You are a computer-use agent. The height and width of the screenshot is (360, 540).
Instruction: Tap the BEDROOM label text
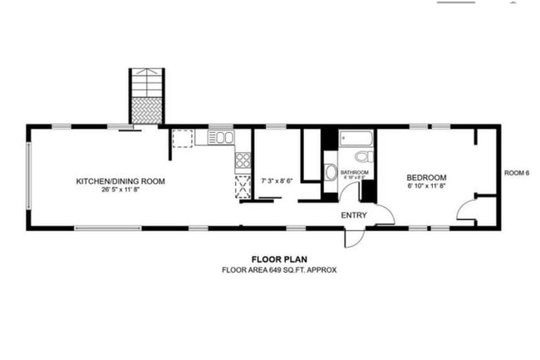click(426, 177)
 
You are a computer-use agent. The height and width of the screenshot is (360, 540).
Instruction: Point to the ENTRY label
click(354, 215)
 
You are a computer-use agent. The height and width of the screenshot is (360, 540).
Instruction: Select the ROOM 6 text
click(516, 173)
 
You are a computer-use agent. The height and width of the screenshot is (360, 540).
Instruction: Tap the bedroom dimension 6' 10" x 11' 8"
click(426, 186)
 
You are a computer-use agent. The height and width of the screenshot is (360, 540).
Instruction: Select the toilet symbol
click(363, 156)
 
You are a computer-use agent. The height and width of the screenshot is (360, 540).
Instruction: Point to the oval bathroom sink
click(331, 173)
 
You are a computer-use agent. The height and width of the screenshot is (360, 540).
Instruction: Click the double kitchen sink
click(220, 137)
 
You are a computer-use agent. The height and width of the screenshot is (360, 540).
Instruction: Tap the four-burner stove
click(243, 160)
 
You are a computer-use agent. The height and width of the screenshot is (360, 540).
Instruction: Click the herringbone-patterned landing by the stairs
click(147, 111)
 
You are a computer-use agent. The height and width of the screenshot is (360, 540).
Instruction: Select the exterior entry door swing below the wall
click(354, 237)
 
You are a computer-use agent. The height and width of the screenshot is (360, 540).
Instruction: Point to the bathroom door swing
click(349, 191)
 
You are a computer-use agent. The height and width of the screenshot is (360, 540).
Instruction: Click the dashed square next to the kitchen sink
click(183, 138)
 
